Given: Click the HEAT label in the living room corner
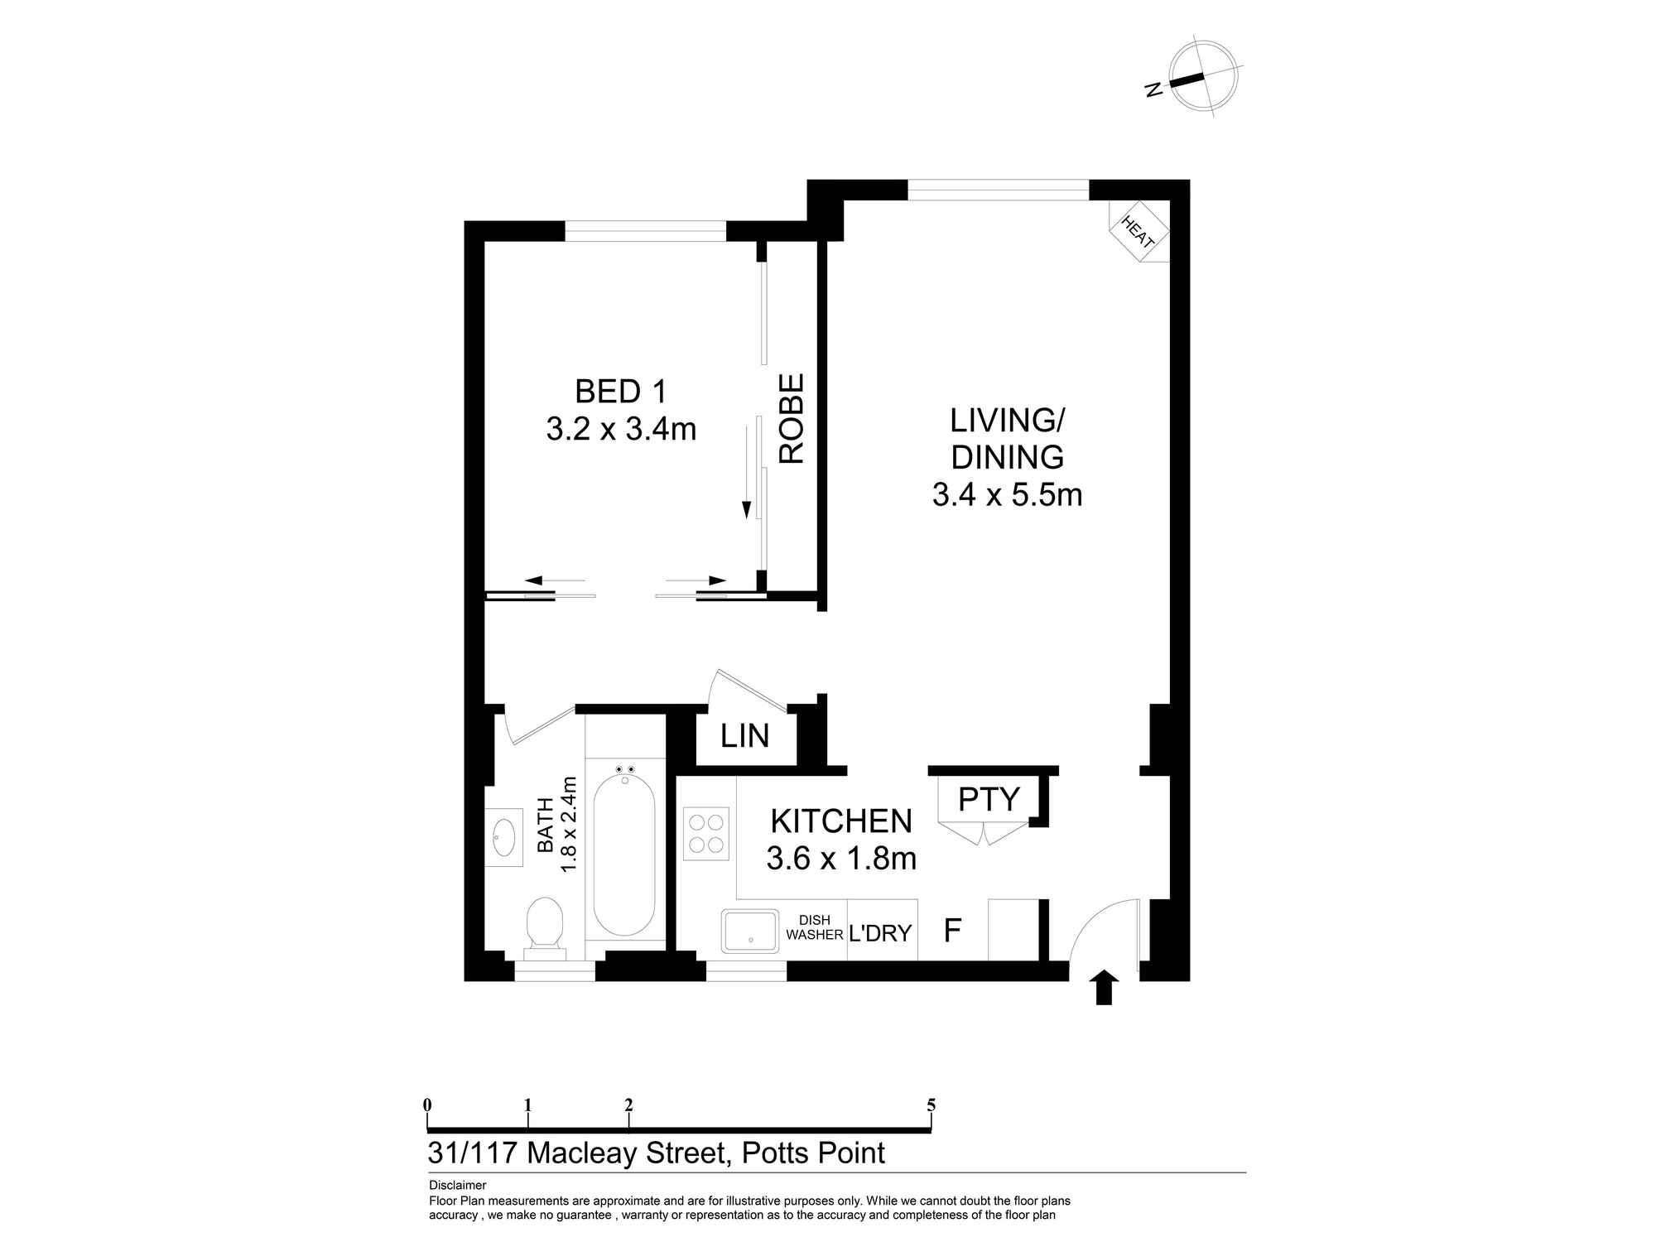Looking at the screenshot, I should pos(1138,232).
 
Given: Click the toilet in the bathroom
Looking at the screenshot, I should pos(545,922).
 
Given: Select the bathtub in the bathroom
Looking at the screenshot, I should pos(624,850).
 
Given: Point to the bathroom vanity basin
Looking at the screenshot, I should pos(503,837).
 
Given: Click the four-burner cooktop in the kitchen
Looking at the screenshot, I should pos(706,834).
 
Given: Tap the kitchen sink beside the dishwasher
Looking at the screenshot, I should pos(749,931).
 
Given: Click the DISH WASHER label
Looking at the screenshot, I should pos(814,927).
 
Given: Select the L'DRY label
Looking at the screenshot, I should pos(879,933).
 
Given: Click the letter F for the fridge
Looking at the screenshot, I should pos(952,931).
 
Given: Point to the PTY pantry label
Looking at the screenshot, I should pos(989,799).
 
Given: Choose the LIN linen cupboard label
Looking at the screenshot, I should pos(744,735).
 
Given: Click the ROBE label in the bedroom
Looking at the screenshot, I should pos(792,418).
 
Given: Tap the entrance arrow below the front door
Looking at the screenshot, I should pos(1104,988).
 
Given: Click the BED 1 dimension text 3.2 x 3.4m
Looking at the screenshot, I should pos(621,429).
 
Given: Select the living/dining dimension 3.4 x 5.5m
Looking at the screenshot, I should pos(1007,494).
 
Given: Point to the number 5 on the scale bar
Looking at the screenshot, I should pos(931,1105).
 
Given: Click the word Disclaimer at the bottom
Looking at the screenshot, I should pos(457,1186).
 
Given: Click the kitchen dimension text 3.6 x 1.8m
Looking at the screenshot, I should pos(840,858).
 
